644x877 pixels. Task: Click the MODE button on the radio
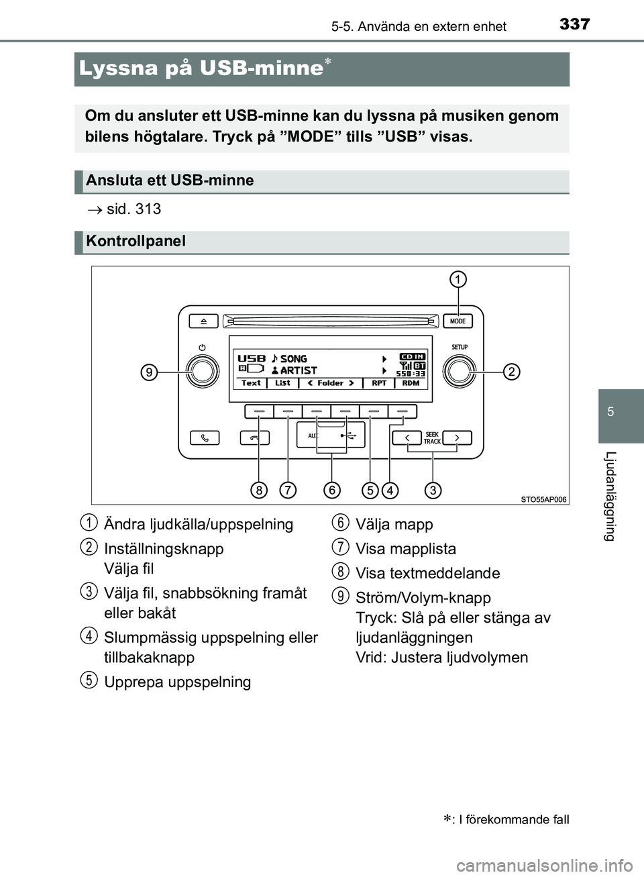(x=458, y=321)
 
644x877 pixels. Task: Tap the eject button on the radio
(x=203, y=321)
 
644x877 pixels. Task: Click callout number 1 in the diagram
(x=458, y=279)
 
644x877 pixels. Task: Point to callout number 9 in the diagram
(x=149, y=372)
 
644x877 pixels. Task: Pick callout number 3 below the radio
(x=433, y=490)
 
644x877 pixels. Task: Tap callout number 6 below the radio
(x=331, y=490)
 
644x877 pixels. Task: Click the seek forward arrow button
(x=457, y=438)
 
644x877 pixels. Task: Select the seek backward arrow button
(x=407, y=438)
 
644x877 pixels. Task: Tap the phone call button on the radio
(x=205, y=438)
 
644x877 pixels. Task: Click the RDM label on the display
(x=411, y=383)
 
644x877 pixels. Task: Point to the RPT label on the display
(x=379, y=383)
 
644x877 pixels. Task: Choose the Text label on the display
(x=251, y=383)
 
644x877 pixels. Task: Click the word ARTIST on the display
(x=299, y=370)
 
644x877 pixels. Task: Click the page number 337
(x=575, y=24)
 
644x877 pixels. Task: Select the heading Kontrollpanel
(x=136, y=242)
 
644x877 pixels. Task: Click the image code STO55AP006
(x=544, y=499)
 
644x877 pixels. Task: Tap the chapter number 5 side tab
(x=610, y=412)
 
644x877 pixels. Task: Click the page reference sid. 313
(x=133, y=209)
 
